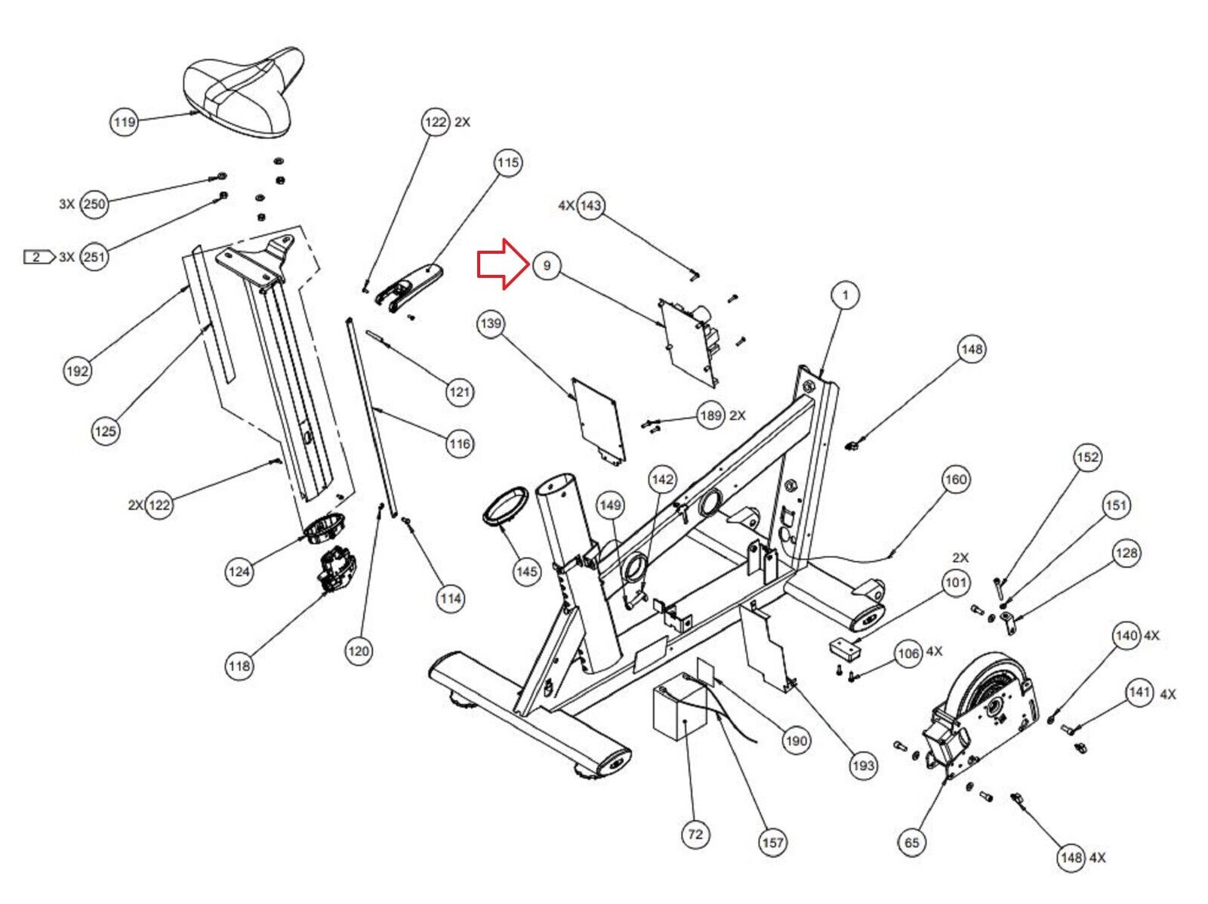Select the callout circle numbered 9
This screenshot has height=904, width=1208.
[x=547, y=266]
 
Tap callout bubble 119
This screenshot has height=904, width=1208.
[x=125, y=122]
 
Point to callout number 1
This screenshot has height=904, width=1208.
[x=846, y=295]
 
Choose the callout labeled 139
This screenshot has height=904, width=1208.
[x=491, y=324]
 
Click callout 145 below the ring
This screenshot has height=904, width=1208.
[x=526, y=572]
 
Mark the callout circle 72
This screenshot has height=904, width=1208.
[x=695, y=834]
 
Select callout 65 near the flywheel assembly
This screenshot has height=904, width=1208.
[x=912, y=842]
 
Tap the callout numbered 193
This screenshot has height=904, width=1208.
[x=863, y=766]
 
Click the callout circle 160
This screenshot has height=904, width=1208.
[x=956, y=480]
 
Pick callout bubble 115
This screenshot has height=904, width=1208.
[x=508, y=162]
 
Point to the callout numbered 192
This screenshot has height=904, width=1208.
[x=78, y=371]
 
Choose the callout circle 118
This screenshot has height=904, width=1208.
[x=239, y=666]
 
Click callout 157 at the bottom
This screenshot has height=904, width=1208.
[x=772, y=842]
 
